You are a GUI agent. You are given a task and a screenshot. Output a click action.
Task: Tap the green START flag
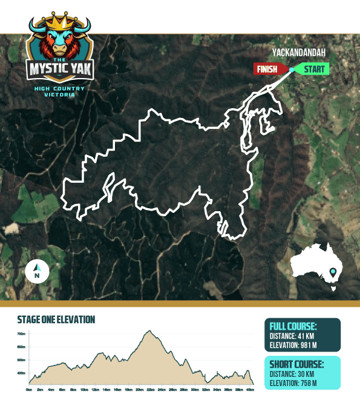(313, 69)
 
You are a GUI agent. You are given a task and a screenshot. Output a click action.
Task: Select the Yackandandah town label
(303, 52)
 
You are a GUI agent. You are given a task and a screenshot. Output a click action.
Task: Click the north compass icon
(37, 272)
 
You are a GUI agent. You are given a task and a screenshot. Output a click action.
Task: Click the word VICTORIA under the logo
(59, 95)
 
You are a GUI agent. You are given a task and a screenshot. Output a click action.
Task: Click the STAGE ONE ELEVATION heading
(56, 319)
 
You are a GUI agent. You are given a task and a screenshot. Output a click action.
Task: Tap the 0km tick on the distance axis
(28, 390)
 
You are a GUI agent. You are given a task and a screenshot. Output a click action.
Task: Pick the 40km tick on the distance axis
(250, 390)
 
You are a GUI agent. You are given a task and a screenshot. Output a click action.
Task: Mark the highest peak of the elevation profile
(147, 332)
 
